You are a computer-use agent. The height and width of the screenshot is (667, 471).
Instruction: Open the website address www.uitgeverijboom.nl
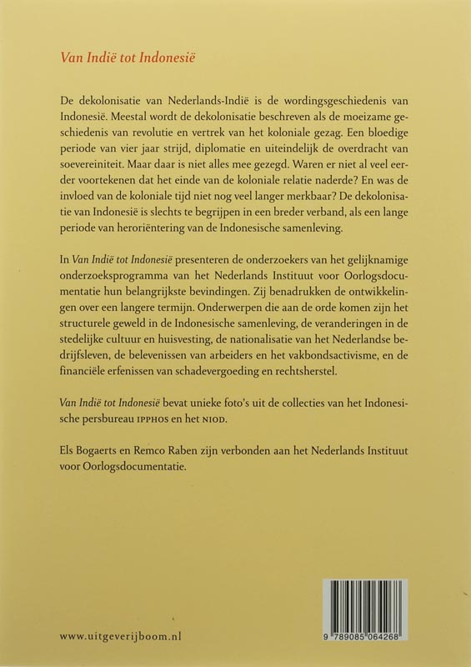121,635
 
